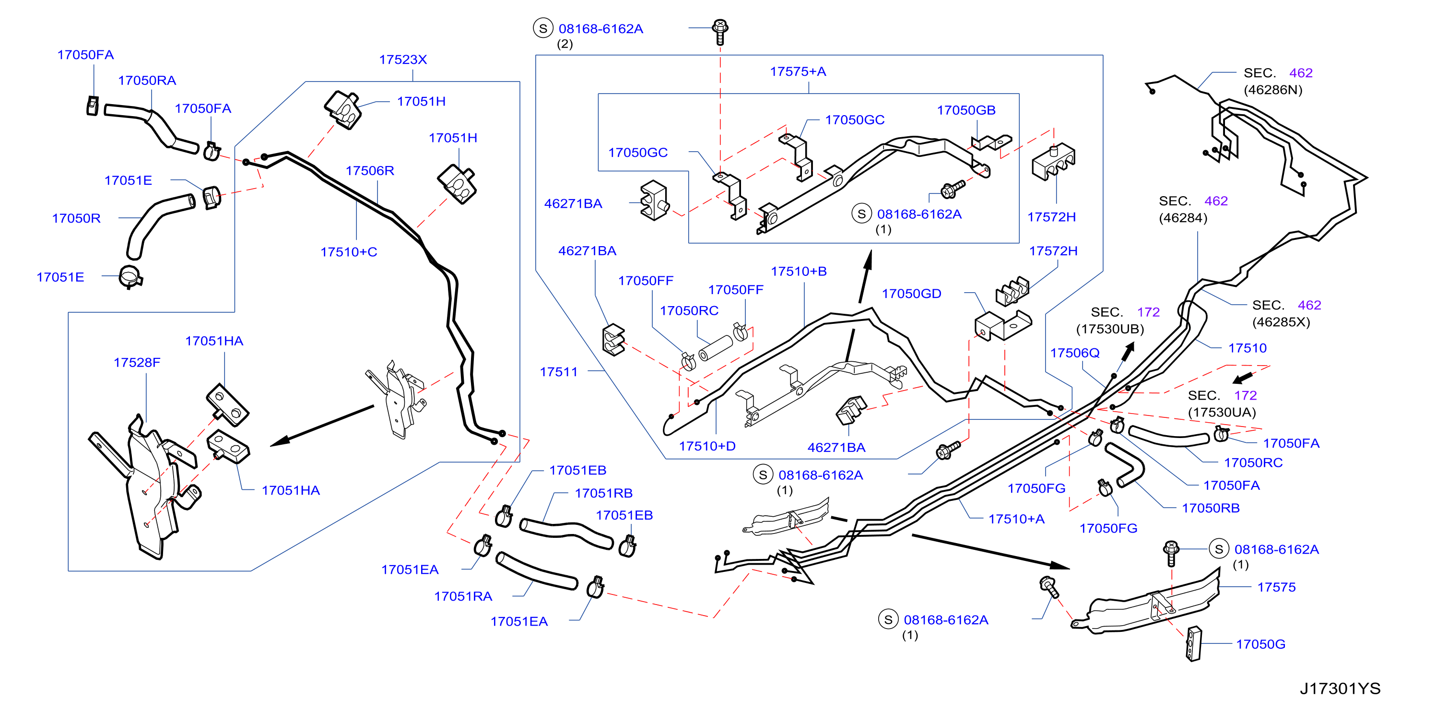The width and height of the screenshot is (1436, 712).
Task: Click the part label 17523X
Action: (402, 59)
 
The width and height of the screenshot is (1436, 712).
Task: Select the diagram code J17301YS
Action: (1340, 688)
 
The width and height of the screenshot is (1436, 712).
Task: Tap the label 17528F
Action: (137, 362)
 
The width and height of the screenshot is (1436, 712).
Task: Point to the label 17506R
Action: (370, 171)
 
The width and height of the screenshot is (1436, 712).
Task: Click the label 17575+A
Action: (798, 71)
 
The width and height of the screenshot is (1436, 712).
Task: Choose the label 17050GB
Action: (966, 110)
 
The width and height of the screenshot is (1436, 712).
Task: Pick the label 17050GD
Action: (911, 294)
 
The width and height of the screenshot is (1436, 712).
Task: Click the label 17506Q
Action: (1075, 353)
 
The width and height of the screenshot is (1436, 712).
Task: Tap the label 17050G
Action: (1260, 644)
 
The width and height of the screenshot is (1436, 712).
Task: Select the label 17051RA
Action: (463, 596)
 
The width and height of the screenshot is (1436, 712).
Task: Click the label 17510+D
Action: (707, 447)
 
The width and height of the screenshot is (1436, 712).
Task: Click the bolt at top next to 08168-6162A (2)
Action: (720, 32)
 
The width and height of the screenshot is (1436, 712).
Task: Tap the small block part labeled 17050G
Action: (1193, 644)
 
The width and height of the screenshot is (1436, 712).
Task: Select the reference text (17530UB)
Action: (1110, 330)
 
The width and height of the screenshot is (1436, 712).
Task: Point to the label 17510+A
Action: (1016, 519)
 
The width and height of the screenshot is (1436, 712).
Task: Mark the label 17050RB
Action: (1210, 509)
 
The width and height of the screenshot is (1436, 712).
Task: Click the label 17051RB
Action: (603, 493)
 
